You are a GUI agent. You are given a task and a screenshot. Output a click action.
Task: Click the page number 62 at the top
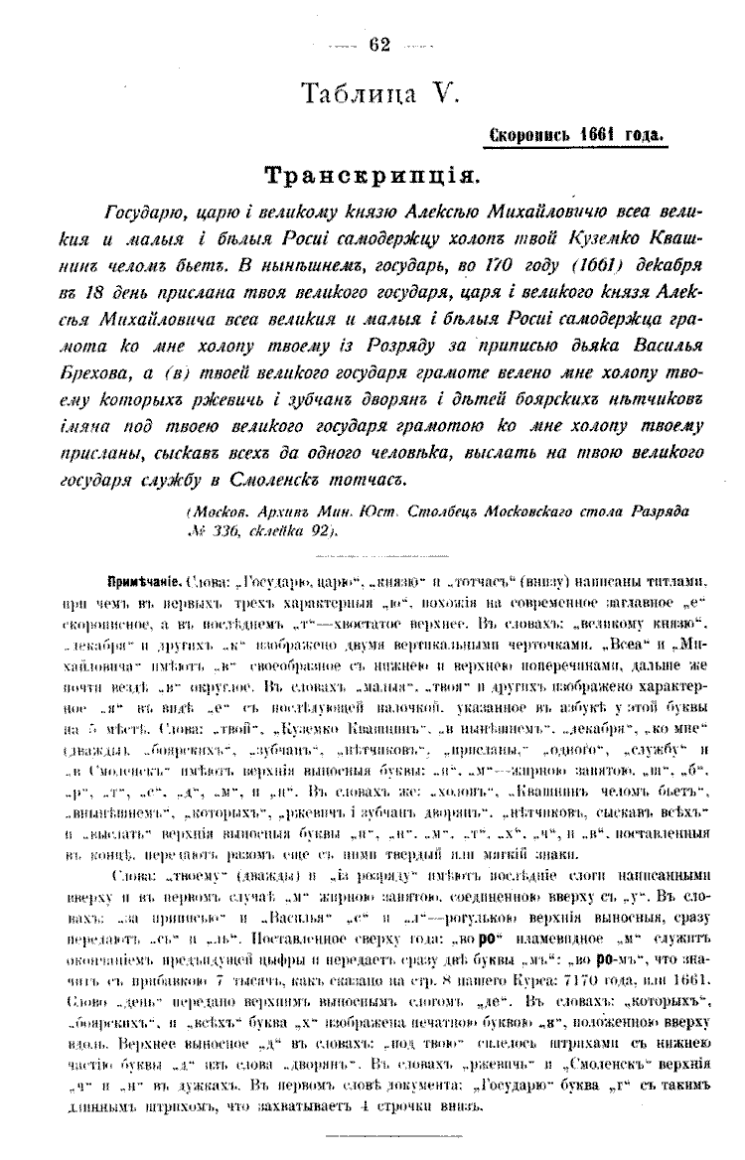point(379,43)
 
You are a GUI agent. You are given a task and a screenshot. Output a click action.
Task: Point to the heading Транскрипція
point(372,176)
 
